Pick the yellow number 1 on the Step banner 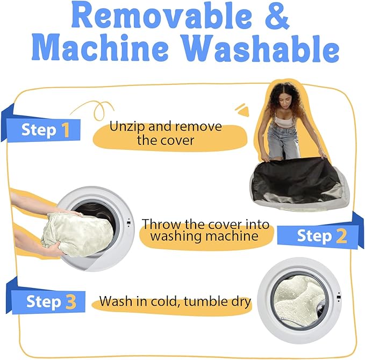(x=66, y=130)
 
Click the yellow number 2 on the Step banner (x=341, y=236)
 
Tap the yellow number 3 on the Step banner (x=71, y=301)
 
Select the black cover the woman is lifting (x=294, y=176)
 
